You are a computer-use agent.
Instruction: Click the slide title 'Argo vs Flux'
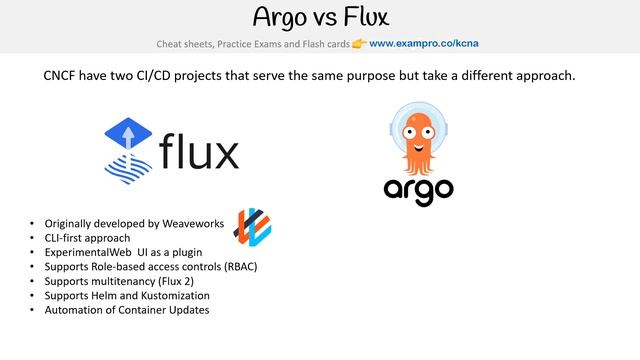[319, 17]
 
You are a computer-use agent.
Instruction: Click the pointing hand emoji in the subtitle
[358, 43]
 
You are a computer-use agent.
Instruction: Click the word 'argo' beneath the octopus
[419, 189]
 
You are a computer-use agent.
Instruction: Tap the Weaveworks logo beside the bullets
[251, 226]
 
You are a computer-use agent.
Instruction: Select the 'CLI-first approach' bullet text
[88, 238]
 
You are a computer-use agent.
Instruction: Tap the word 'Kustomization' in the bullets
[174, 296]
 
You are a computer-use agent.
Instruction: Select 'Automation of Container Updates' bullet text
[126, 310]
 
